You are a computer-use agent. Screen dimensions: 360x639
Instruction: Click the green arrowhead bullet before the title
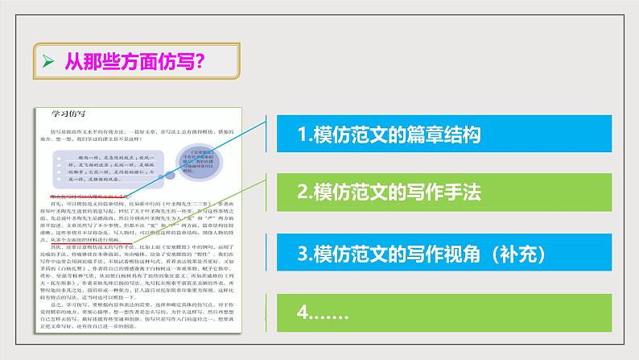(47, 60)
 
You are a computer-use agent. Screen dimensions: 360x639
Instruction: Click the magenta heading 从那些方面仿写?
(121, 60)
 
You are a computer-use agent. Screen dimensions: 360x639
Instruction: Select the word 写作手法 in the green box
(443, 194)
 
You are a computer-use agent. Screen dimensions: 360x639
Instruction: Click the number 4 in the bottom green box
(302, 312)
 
